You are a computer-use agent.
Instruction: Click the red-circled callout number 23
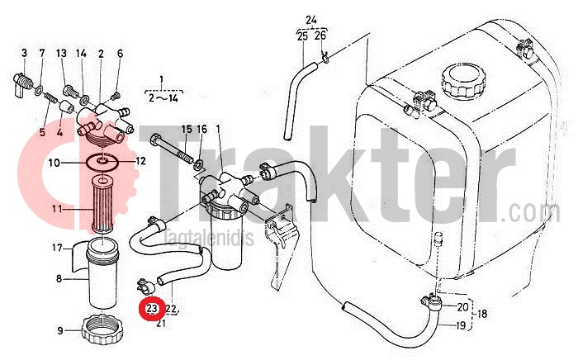pos(152,310)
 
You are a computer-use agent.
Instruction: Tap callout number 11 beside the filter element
pos(59,209)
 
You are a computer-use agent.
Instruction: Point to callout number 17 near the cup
pos(58,248)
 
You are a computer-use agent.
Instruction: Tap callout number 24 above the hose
pos(310,19)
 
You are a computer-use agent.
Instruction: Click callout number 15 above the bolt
pos(186,130)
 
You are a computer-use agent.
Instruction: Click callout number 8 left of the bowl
pos(59,279)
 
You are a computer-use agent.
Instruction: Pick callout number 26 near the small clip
pos(320,36)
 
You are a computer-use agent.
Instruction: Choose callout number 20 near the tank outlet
pos(461,306)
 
